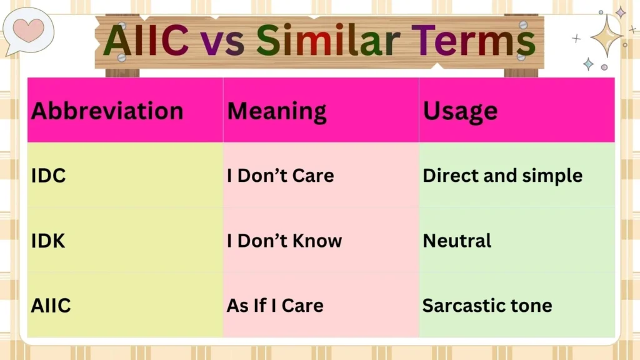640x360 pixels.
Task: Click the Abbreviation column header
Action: pos(107,111)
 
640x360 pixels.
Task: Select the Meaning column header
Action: pos(276,111)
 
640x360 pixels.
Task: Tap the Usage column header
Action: pos(460,111)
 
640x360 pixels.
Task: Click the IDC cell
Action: pos(49,176)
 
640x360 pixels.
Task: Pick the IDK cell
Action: pos(48,241)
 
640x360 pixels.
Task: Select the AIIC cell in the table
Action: pos(51,306)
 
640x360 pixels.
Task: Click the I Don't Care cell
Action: pos(280,176)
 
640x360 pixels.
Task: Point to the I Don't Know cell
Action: pos(284,241)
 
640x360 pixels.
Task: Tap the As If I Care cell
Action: pos(275,306)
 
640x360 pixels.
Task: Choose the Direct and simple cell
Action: pos(502,176)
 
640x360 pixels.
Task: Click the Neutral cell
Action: pos(457,241)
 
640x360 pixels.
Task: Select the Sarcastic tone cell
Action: pos(487,306)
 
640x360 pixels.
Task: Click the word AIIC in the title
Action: pos(146,39)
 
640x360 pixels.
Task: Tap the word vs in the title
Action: pos(222,41)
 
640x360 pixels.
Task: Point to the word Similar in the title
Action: pos(329,39)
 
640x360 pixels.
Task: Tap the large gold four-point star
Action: pos(606,36)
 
